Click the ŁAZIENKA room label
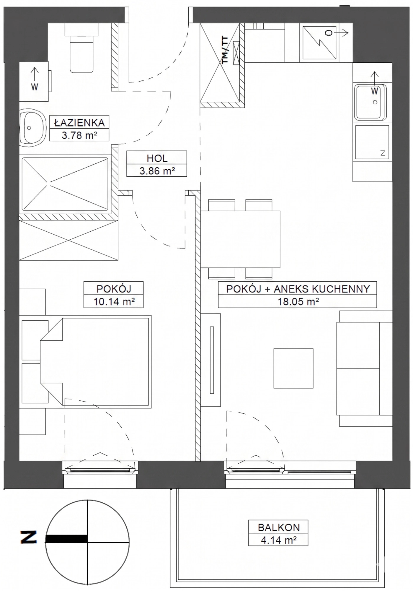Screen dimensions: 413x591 coord(79,122)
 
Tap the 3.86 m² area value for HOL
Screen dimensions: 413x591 coord(157,171)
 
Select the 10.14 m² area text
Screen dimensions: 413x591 coord(114,302)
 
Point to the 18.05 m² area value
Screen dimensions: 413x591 coord(298,302)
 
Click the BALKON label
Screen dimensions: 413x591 coord(279,527)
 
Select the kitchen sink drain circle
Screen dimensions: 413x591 coord(375,102)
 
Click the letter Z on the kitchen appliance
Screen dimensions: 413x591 coord(383,153)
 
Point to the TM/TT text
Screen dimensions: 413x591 coord(225,50)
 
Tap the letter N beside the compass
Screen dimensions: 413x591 coord(29,537)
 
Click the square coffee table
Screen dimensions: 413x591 coord(293,368)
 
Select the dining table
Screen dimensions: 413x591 coord(240,239)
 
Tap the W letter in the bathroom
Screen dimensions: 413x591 coord(35,87)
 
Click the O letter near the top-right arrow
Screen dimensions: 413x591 coord(329,33)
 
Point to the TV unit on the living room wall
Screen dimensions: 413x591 coord(211,360)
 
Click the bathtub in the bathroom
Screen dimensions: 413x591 coord(65,184)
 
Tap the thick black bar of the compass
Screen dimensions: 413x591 coord(66,539)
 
